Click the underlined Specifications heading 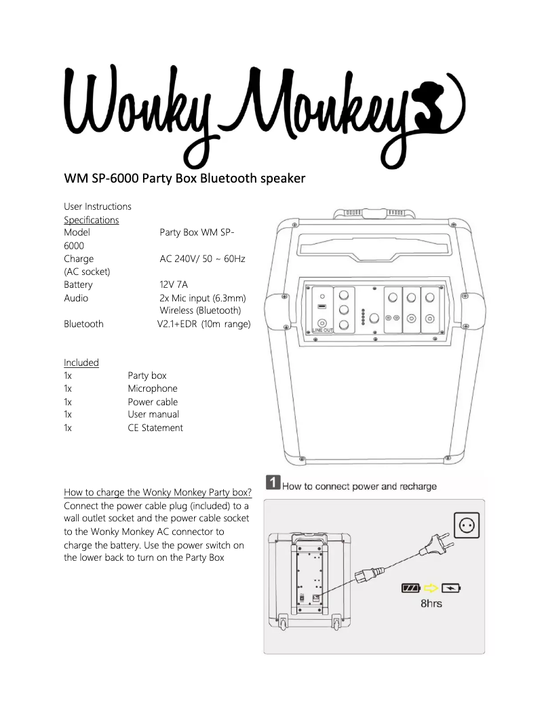tap(91, 220)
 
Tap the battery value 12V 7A tap(174, 284)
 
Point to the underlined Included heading tap(81, 363)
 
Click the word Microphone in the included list tap(153, 388)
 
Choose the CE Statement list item tap(155, 428)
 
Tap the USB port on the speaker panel tap(322, 307)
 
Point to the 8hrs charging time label tap(431, 603)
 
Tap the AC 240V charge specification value tap(202, 259)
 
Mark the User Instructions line tap(98, 206)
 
